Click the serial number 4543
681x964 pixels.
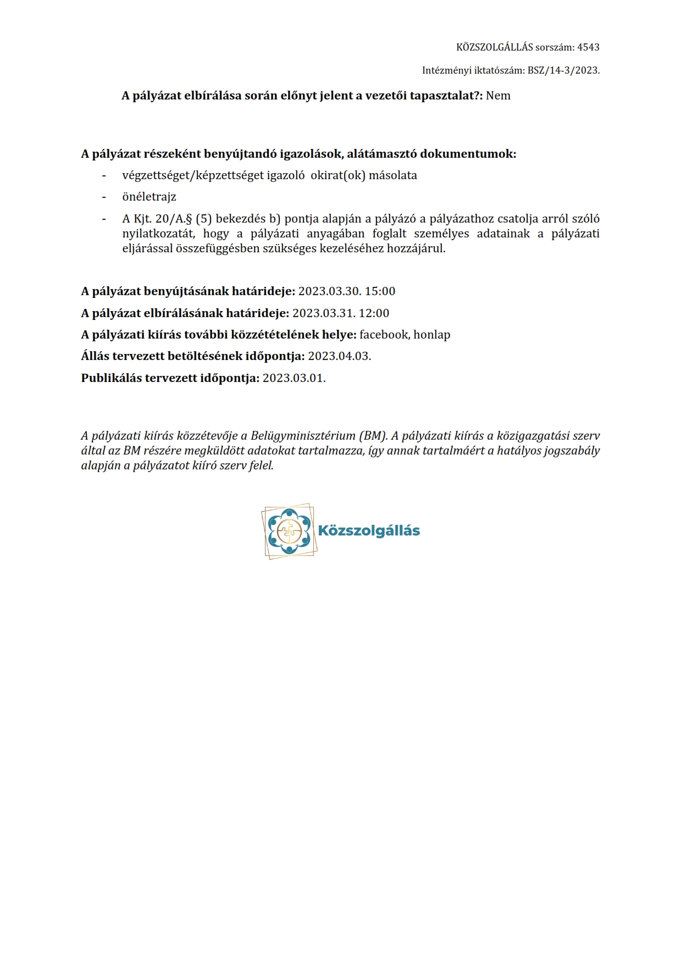588,47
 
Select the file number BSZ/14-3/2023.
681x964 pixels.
563,70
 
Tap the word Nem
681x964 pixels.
498,96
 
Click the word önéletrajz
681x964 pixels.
149,197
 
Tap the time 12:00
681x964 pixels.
374,313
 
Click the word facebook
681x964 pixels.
384,335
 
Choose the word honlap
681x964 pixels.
432,335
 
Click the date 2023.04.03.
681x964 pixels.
339,356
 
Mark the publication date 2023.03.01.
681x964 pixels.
294,378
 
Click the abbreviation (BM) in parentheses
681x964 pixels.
373,436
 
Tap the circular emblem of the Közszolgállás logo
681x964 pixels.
289,531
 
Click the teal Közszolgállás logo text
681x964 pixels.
369,531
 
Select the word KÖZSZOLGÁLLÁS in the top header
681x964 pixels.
495,47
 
